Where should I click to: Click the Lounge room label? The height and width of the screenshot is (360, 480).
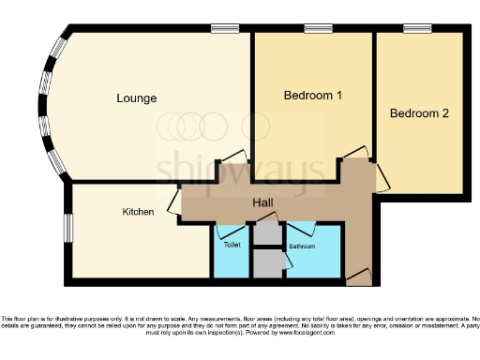(136, 97)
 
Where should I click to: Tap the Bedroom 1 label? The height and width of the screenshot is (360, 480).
(313, 96)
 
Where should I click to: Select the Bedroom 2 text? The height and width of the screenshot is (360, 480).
(419, 113)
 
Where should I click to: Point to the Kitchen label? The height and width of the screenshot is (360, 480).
(138, 212)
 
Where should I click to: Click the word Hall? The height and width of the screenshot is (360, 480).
(264, 202)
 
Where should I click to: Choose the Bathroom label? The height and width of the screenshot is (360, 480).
(301, 246)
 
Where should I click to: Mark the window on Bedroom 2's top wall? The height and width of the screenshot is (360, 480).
(417, 29)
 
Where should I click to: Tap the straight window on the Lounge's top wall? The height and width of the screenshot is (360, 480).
(224, 29)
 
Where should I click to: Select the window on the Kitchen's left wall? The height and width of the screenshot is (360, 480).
(67, 228)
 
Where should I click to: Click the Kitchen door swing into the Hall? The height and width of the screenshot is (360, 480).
(174, 201)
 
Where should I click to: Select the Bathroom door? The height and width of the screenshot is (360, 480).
(302, 231)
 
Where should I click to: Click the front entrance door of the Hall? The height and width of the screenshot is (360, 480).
(358, 277)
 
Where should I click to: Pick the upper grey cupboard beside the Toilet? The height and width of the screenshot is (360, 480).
(268, 234)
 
